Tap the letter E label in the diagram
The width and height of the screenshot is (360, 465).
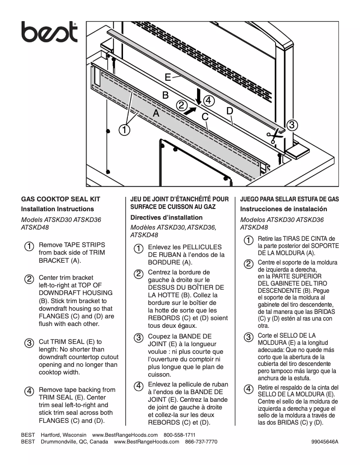click(x=167, y=77)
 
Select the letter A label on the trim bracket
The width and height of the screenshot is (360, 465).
click(x=156, y=114)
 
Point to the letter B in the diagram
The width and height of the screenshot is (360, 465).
click(x=165, y=95)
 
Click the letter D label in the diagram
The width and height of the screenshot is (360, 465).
click(x=229, y=110)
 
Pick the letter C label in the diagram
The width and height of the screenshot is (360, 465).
click(x=205, y=117)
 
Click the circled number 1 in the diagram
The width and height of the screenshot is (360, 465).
click(x=124, y=130)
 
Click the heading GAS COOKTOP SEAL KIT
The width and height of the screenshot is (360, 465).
click(x=61, y=199)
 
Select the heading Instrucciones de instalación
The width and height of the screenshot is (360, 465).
click(x=284, y=209)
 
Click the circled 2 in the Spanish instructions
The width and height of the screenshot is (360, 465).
click(x=248, y=263)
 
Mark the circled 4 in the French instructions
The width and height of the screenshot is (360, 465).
click(x=139, y=386)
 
